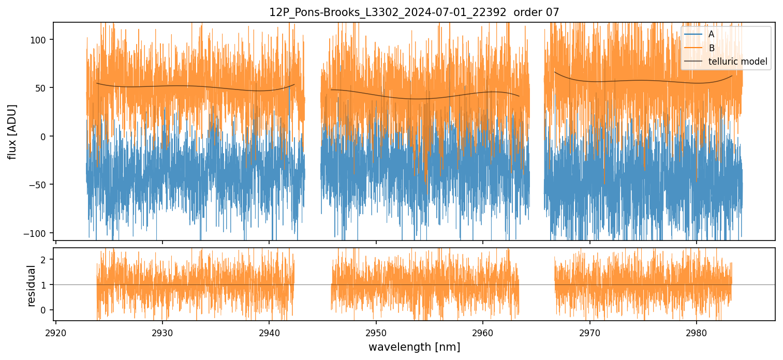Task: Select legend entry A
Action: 712,34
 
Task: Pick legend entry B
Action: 712,48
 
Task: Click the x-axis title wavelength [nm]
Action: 414,347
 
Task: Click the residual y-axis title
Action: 32,286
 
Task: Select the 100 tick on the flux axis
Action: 41,40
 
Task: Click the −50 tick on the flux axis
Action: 40,185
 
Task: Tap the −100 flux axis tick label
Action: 38,233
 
